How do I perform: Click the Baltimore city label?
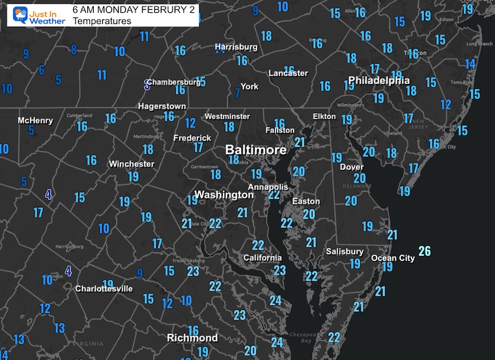pos(256,150)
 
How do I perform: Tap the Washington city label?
pos(223,195)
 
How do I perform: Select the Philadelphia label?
pos(379,81)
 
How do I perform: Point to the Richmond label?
pos(192,338)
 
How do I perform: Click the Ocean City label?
pos(393,258)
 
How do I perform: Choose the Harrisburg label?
pos(236,47)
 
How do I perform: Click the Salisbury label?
pos(345,251)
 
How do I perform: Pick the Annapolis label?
pos(268,187)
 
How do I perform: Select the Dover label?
pos(352,167)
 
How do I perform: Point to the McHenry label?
pos(35,120)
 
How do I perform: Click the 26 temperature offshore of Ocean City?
pos(425,251)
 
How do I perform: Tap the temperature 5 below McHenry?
pos(31,130)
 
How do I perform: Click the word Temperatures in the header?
pos(102,21)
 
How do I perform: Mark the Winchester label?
pos(132,164)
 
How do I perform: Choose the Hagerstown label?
pos(162,106)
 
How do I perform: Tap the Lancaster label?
pos(288,73)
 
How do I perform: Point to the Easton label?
pos(306,201)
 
